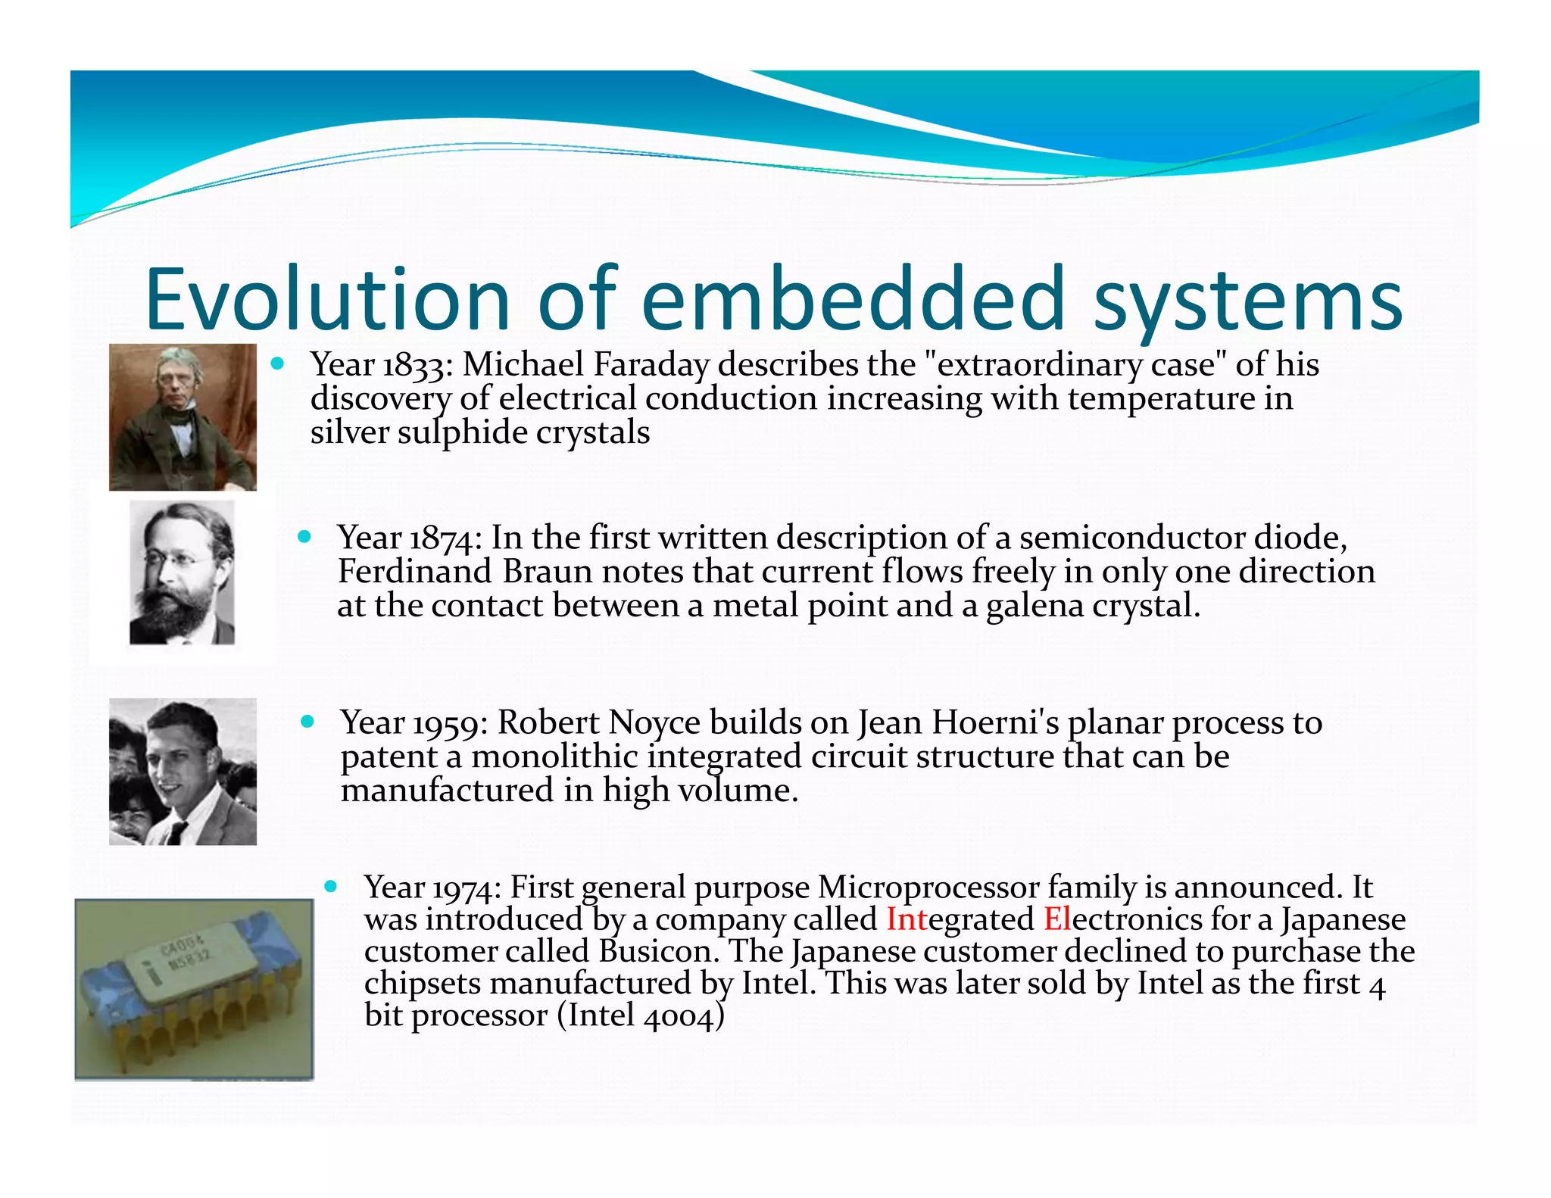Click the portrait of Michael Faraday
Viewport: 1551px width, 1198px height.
click(183, 417)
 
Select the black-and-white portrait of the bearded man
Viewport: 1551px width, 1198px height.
click(182, 573)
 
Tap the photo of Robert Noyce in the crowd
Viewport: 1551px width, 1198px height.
click(183, 771)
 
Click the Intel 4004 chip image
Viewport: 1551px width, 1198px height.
click(194, 988)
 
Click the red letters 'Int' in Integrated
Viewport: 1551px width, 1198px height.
click(907, 919)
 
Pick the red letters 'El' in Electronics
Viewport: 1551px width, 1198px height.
click(1056, 919)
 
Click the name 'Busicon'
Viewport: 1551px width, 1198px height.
click(656, 952)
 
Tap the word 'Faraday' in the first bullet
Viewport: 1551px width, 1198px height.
click(651, 366)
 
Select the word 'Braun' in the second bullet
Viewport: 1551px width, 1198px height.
click(547, 572)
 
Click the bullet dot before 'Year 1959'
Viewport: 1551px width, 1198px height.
click(307, 721)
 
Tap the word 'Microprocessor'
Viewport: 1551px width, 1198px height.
click(928, 888)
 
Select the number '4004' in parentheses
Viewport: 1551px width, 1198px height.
click(679, 1016)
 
